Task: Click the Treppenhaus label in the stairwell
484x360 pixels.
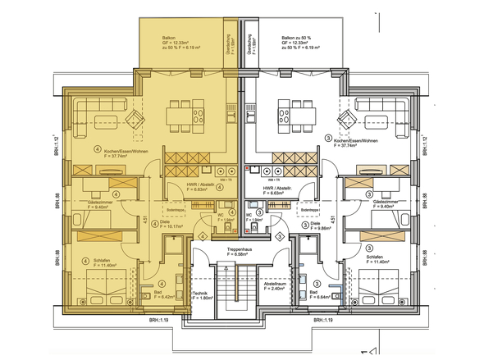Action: click(241, 250)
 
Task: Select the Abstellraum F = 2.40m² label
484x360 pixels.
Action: click(273, 287)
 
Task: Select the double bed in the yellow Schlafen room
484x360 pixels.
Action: click(106, 292)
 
